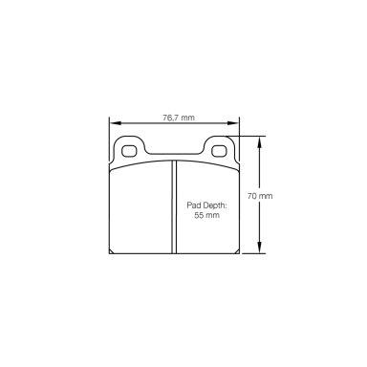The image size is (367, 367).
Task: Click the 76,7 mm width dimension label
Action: (x=179, y=118)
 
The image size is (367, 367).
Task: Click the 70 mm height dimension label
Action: (x=260, y=196)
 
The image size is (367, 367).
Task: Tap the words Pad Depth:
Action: (x=206, y=205)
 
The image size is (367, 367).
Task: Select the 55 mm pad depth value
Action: (x=207, y=215)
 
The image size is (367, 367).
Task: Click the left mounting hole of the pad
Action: (x=129, y=151)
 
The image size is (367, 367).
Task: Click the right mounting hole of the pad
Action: (x=219, y=151)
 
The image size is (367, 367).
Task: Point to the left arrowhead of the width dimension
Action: (x=116, y=123)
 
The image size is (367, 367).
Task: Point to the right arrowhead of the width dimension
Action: (x=232, y=123)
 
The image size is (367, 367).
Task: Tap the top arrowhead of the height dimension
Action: (x=260, y=142)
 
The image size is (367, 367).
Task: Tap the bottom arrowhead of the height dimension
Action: (x=260, y=248)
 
